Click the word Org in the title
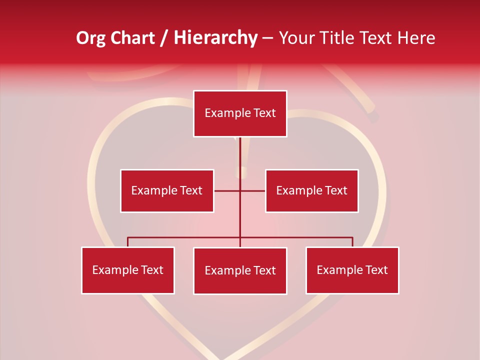click(x=91, y=38)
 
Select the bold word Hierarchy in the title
click(x=215, y=38)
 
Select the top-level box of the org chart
click(x=240, y=113)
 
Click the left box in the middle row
click(x=167, y=190)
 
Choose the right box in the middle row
click(x=311, y=190)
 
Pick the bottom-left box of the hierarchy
click(x=128, y=270)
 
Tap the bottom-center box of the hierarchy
click(x=240, y=270)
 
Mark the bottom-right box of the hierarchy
click(x=352, y=270)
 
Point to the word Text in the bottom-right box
click(x=376, y=270)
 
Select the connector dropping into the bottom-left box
click(x=128, y=242)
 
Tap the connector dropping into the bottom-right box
click(x=352, y=242)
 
